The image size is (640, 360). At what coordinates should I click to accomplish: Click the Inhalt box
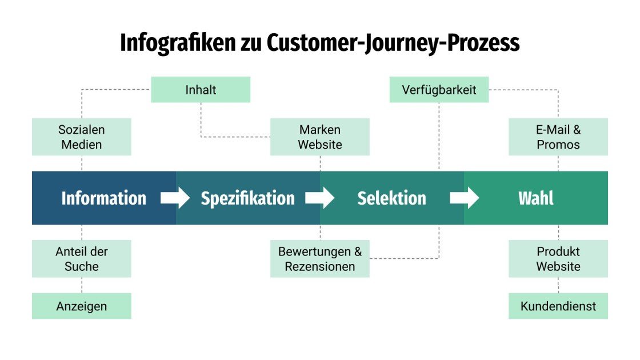coord(201,90)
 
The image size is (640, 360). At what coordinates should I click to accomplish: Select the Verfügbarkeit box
coord(439,90)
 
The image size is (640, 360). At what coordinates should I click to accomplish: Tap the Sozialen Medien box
coord(81,137)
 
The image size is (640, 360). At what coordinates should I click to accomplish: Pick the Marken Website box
coord(319,137)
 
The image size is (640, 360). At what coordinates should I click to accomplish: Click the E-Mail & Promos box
coord(558,137)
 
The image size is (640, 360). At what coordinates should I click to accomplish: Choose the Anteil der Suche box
coord(81,259)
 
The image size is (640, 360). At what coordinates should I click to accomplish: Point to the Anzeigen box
coord(81,306)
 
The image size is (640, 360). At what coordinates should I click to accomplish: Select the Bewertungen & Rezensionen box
coord(319,259)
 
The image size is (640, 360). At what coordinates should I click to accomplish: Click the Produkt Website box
coord(558,259)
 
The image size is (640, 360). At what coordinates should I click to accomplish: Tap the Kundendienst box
coord(558,306)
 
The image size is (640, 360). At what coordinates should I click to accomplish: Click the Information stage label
coord(103,198)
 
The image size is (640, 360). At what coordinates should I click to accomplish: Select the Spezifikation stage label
coord(247,198)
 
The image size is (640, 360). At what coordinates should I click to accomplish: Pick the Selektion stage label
coord(391,198)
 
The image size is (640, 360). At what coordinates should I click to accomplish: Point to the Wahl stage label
coord(535,198)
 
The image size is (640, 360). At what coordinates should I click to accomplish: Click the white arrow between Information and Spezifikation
coord(175,198)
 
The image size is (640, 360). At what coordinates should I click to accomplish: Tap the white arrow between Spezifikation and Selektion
coord(319,198)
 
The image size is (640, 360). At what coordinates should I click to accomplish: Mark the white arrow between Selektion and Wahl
coord(464,198)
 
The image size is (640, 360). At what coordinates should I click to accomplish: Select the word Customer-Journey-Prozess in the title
coord(393,43)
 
